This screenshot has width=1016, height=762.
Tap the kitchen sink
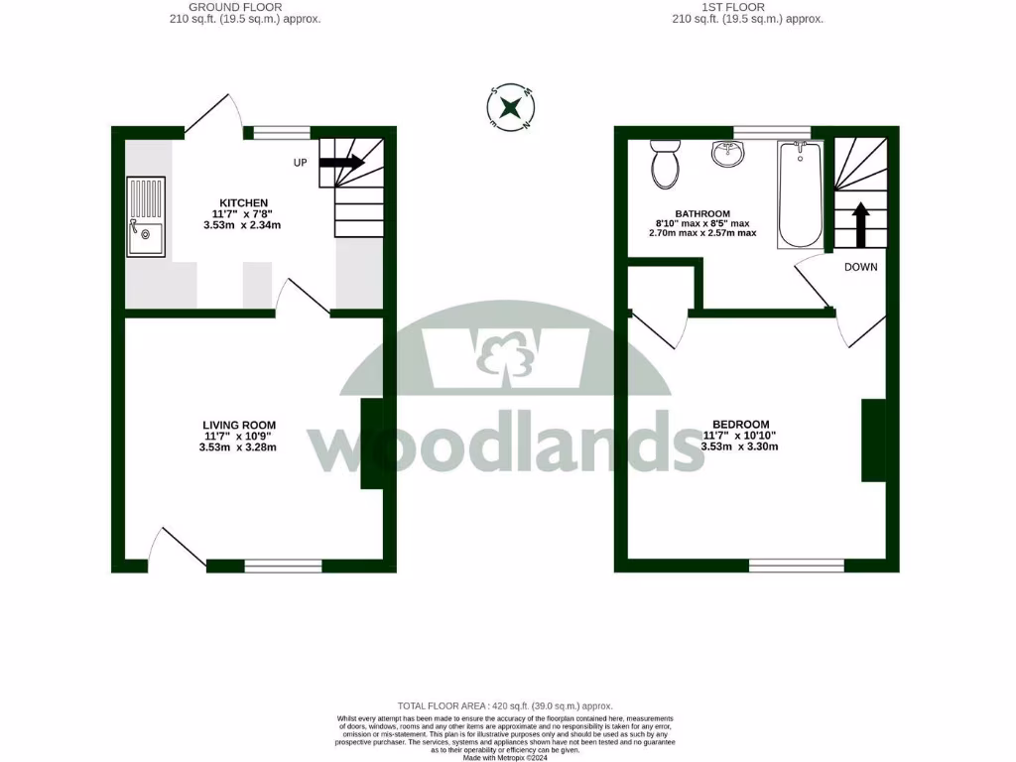(x=145, y=217)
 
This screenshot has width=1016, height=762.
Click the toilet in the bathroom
(x=664, y=164)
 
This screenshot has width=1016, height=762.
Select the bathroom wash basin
(x=727, y=154)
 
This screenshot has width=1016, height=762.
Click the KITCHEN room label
(x=244, y=202)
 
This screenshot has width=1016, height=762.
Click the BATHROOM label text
(x=702, y=213)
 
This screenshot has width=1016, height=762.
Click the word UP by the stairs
(x=300, y=162)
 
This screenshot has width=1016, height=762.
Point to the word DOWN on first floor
(x=860, y=267)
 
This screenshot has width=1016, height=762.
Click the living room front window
(x=283, y=566)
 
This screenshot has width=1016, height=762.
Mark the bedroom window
(x=796, y=566)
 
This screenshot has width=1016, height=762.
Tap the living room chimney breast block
(x=370, y=444)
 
